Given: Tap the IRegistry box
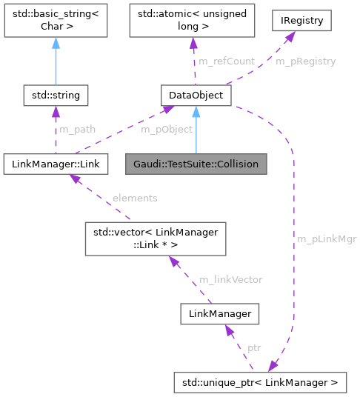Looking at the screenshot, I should tap(306, 21).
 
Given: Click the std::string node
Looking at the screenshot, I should tap(56, 95).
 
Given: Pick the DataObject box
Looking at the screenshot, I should tap(196, 95).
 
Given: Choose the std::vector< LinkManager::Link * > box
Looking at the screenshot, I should tap(154, 239).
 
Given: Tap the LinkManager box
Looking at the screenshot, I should tap(219, 314).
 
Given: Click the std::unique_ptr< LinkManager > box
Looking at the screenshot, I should tap(259, 383).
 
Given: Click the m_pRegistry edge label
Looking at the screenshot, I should tap(306, 61).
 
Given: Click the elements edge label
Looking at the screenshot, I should tap(134, 198).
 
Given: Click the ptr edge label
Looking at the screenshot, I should tap(254, 347).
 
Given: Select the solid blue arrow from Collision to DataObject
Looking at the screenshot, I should tap(196, 130).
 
